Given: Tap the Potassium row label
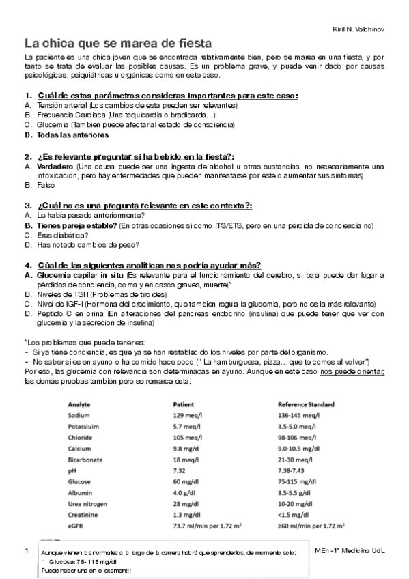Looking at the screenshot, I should click(x=85, y=426).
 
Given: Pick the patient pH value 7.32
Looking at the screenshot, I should click(x=180, y=470).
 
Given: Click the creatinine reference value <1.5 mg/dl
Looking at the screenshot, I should click(x=294, y=514).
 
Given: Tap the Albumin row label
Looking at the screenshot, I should click(x=81, y=492).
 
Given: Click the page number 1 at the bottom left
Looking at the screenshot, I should click(x=25, y=550).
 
